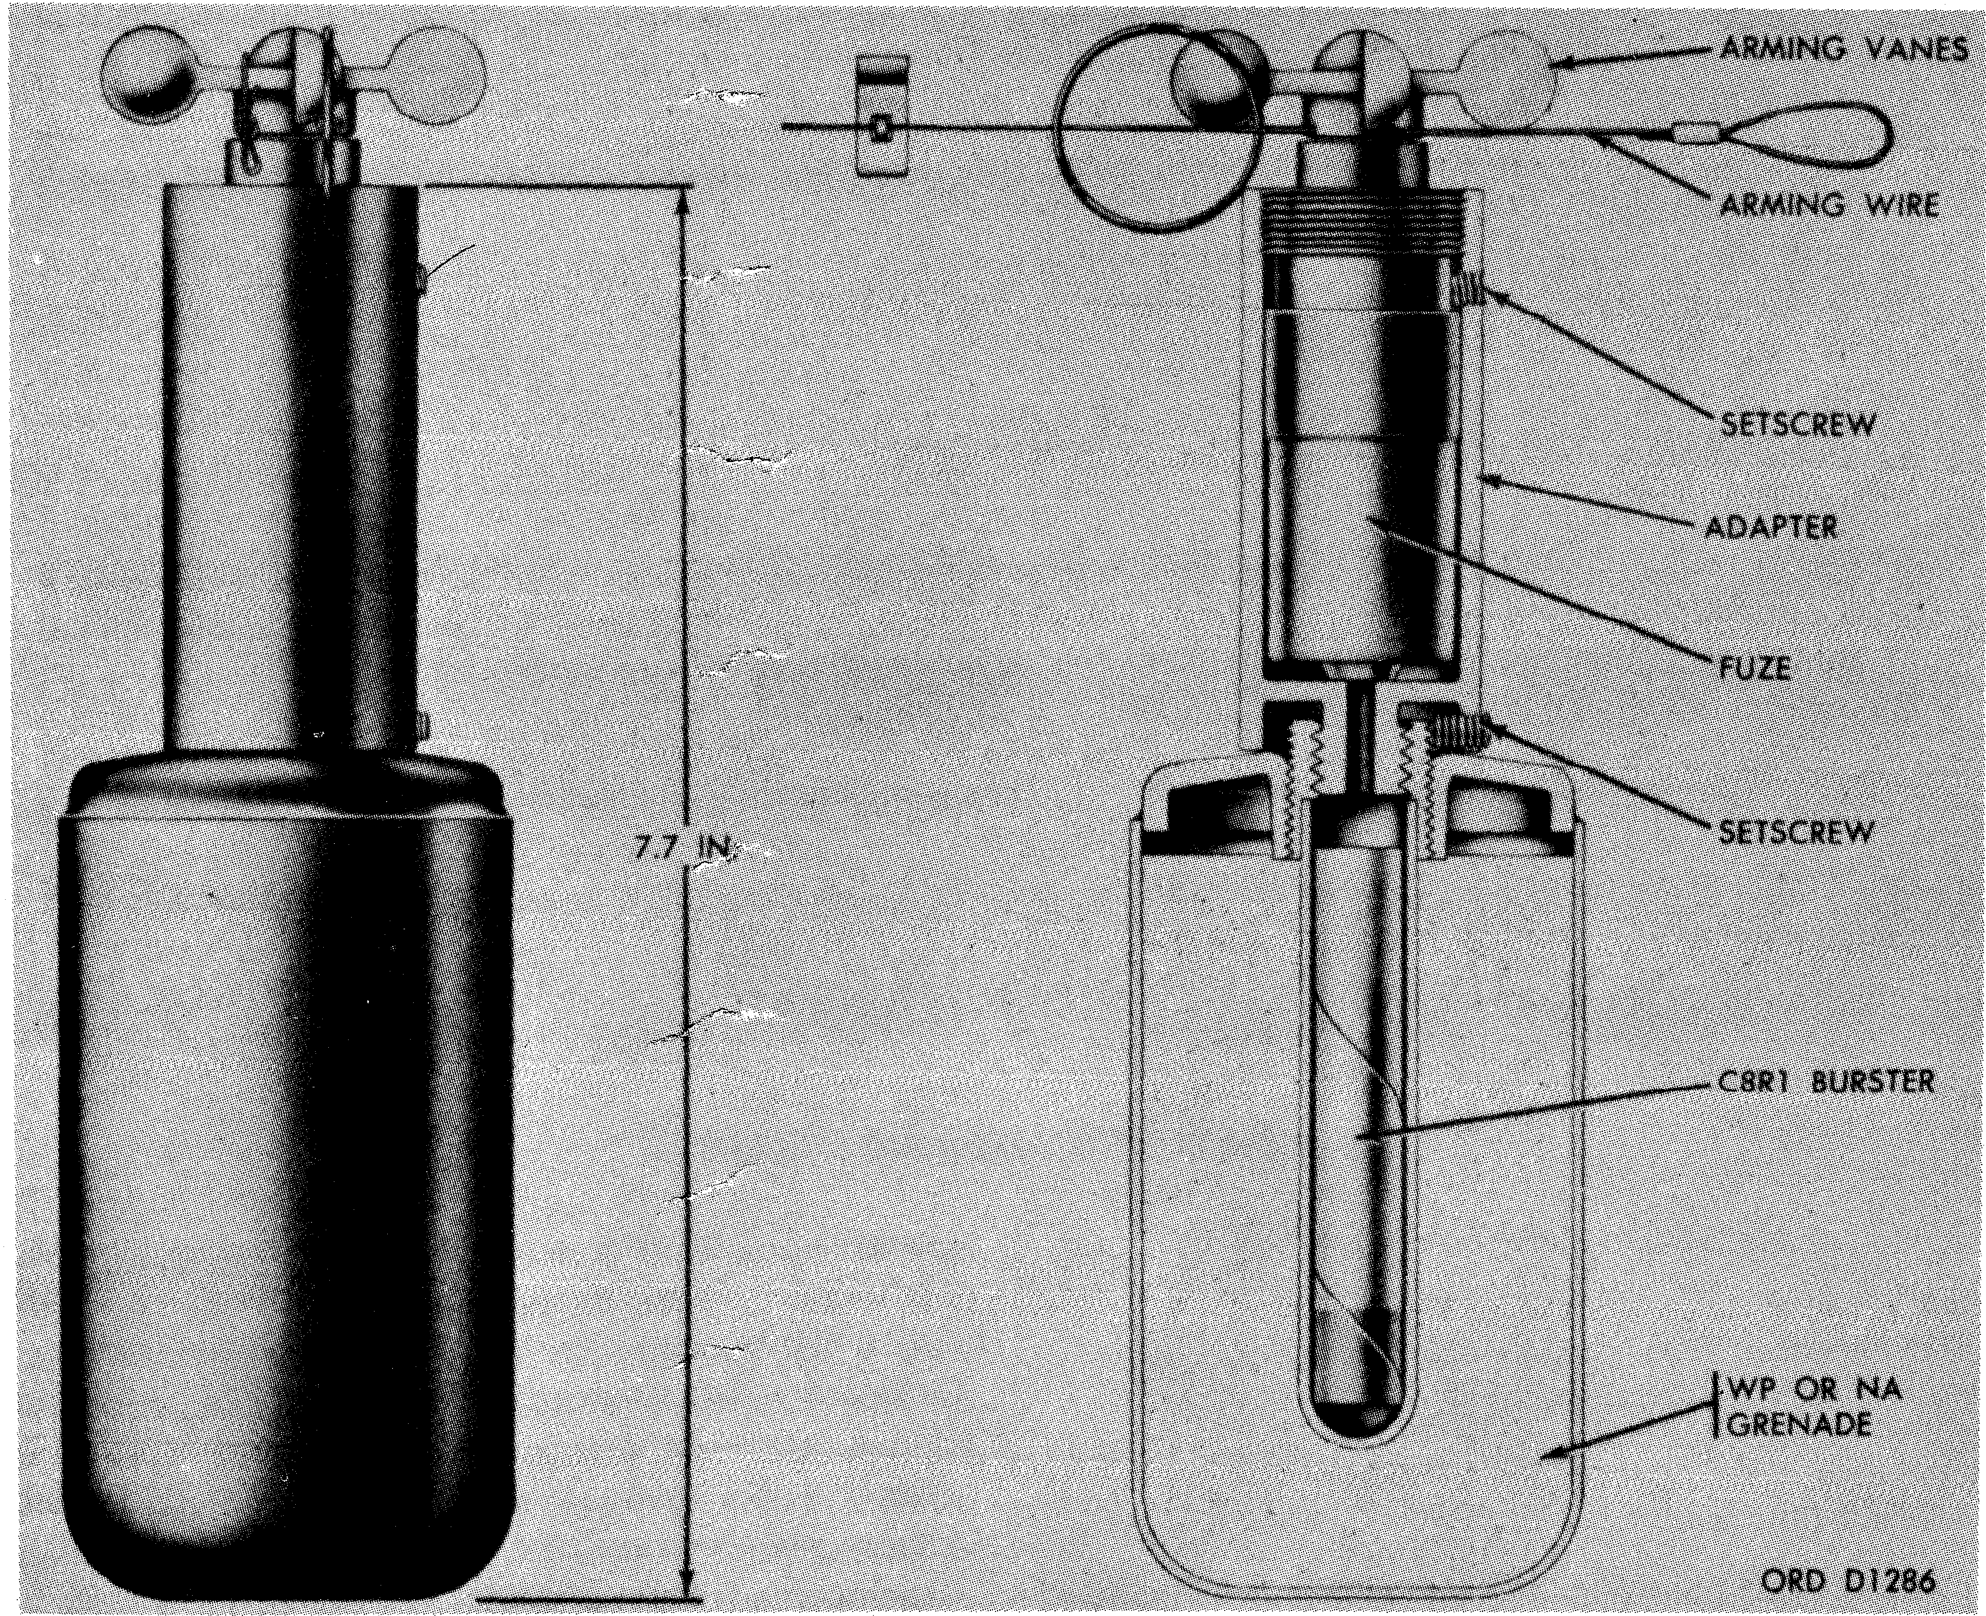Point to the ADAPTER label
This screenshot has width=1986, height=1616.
click(x=1773, y=528)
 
